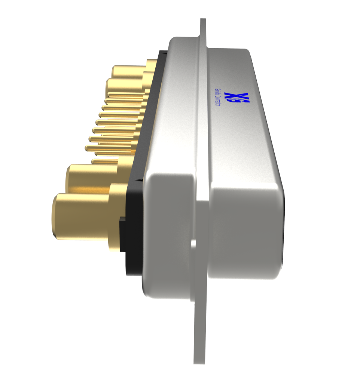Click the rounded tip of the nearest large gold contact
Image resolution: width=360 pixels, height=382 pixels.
[x=56, y=216]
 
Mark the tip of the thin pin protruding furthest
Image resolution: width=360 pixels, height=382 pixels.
[x=87, y=148]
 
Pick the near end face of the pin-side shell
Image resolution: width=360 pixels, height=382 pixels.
[x=168, y=232]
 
